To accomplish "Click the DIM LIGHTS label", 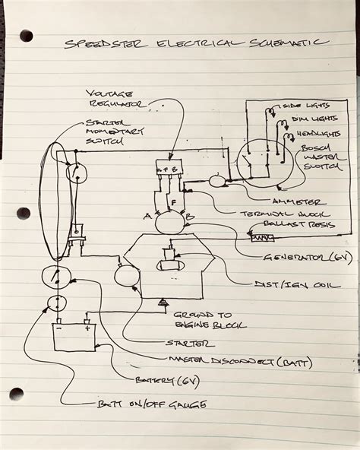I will click(x=307, y=120).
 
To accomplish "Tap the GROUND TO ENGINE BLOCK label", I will click(x=201, y=318).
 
